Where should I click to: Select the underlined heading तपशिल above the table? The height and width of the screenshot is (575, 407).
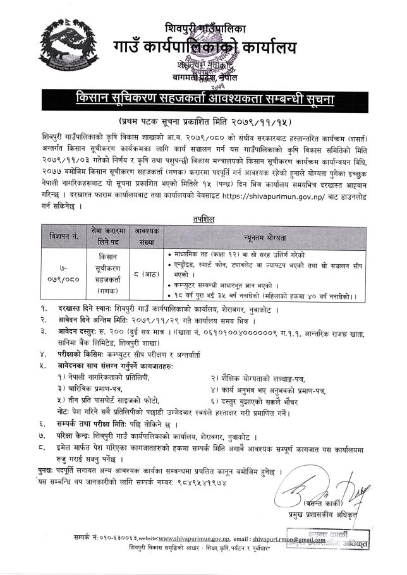(203, 218)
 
